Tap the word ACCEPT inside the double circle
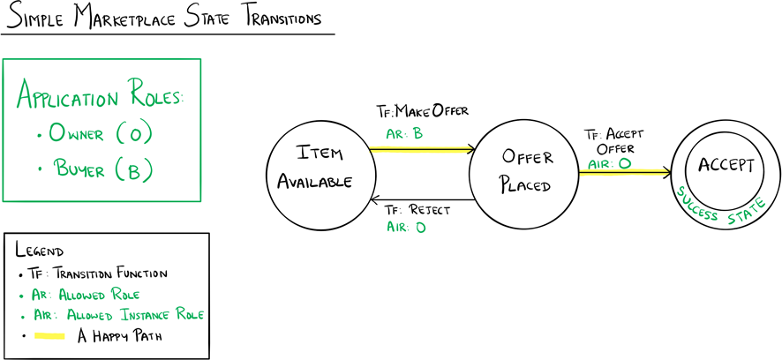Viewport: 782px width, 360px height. [x=726, y=166]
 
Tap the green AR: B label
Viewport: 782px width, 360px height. [x=405, y=134]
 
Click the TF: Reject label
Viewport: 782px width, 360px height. [x=417, y=211]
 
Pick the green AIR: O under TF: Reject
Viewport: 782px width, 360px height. [x=406, y=228]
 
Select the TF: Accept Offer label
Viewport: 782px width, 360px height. [x=614, y=141]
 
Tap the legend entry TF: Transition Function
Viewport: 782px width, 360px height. [x=105, y=273]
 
